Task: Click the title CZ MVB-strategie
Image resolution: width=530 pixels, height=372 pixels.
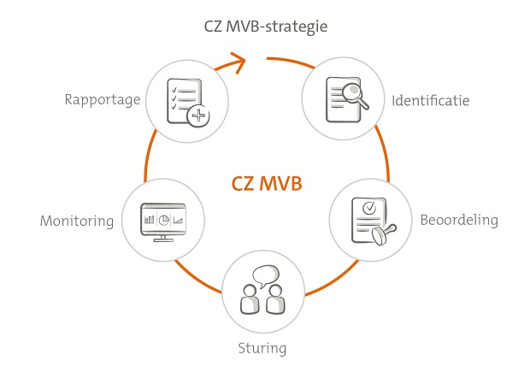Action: coord(266,27)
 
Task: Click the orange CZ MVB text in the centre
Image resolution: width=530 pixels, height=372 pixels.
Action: coord(266,183)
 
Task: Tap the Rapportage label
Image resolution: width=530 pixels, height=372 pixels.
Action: coord(102,99)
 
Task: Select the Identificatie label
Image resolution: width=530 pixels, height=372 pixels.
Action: coord(431,101)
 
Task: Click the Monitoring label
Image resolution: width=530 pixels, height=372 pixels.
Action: coord(77,221)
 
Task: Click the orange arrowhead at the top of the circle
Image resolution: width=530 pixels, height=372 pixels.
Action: coord(238,61)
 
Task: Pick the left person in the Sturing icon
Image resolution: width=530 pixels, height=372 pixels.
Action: coord(249,300)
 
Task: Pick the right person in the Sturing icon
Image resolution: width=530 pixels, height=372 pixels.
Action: coord(276,300)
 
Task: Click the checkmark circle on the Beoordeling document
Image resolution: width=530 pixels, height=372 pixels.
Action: coord(368,207)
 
